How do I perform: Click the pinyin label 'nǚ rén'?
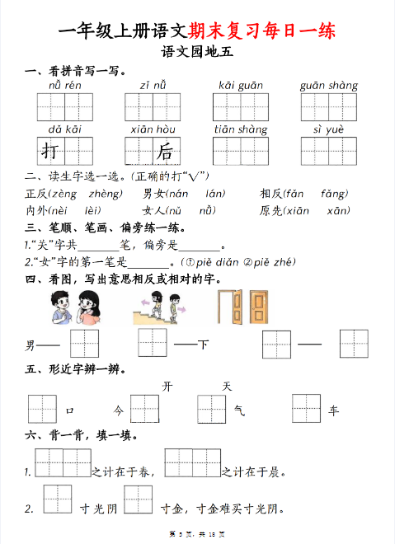point(63,85)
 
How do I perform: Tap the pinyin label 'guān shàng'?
point(328,85)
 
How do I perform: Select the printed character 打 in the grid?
point(50,152)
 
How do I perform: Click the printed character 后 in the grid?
point(165,152)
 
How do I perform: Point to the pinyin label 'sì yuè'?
point(327,129)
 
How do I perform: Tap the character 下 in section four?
point(202,344)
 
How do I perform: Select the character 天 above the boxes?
point(228,386)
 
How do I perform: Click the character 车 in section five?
point(333,410)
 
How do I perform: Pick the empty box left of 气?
point(212,409)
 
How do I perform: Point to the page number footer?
point(197,537)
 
